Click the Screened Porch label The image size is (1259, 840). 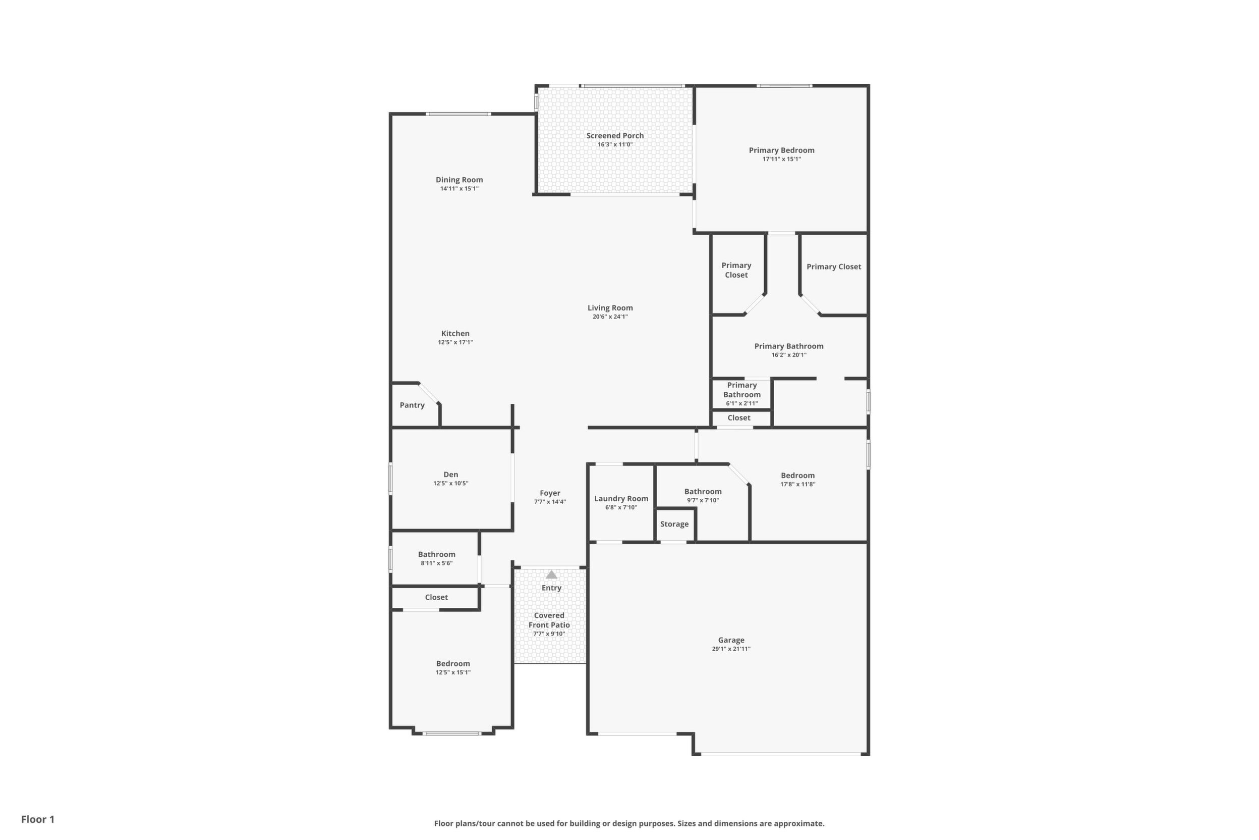coord(615,135)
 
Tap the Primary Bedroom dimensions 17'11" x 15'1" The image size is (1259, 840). coord(781,159)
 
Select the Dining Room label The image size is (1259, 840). coord(460,180)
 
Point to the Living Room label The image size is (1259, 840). coord(610,308)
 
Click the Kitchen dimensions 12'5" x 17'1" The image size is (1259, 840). coord(455,342)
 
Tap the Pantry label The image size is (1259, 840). coord(412,405)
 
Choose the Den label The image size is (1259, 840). coord(451,474)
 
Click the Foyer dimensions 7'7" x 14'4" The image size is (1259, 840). coord(550,502)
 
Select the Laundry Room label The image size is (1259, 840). coord(621,499)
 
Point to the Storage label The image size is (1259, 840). coord(674,524)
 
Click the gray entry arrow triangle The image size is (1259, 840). coord(551,575)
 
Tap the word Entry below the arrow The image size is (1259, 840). coord(551,588)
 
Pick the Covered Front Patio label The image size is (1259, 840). coord(549,620)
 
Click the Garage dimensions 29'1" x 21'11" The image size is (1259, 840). coord(731,649)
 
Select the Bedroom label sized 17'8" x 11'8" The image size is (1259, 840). coord(797,475)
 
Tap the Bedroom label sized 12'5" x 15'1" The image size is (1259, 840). coord(453,663)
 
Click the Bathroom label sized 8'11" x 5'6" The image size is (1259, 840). coord(437,554)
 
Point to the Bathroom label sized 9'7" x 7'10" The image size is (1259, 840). coord(703,491)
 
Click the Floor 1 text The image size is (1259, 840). coord(38,819)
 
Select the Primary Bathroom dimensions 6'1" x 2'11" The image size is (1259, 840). coord(742,403)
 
